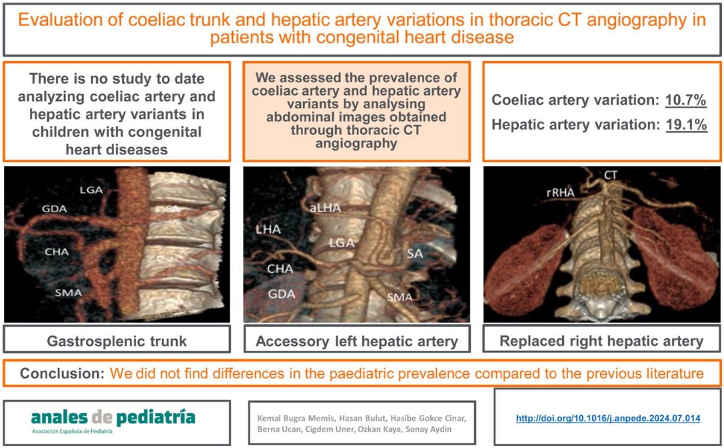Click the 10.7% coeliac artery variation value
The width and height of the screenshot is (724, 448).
686,100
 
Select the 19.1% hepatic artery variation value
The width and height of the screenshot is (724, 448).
686,125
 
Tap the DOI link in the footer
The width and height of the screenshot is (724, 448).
608,418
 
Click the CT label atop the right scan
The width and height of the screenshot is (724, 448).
611,175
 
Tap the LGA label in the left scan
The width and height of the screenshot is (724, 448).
91,190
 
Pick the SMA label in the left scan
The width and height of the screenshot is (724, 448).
68,293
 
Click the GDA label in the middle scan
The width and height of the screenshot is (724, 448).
281,293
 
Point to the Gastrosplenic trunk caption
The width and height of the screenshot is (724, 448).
117,341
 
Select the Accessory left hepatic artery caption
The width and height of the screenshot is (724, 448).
357,341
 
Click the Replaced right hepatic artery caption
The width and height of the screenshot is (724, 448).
601,341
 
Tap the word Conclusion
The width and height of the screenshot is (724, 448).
62,374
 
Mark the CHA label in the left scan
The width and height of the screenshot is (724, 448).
57,252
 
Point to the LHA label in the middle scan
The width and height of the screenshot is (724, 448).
268,229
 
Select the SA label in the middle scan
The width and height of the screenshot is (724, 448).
415,253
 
